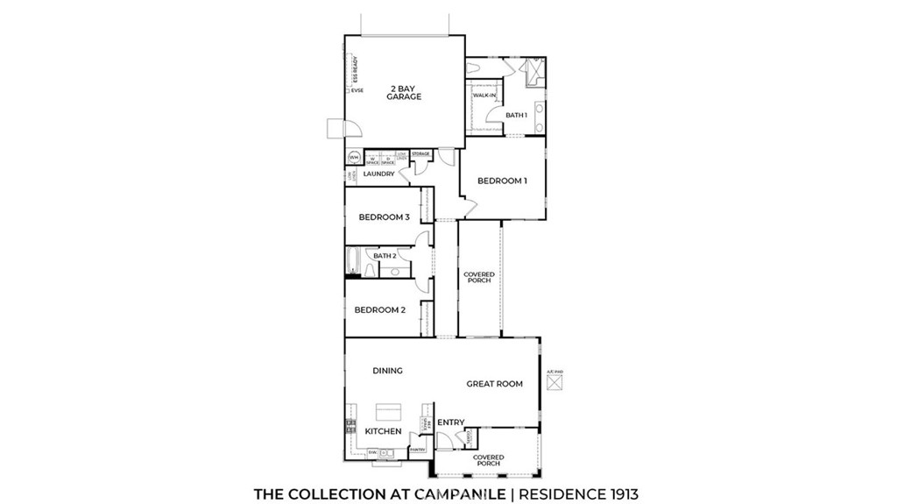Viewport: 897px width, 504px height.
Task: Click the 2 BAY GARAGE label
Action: [404, 93]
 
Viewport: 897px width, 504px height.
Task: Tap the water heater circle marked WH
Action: [355, 159]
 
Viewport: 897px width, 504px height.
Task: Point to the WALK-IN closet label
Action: [484, 95]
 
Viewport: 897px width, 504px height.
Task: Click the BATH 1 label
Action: [516, 115]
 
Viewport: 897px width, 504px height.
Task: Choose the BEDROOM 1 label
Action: [502, 181]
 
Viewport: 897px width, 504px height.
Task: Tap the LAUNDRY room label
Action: [378, 174]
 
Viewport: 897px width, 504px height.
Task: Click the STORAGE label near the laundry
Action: [420, 154]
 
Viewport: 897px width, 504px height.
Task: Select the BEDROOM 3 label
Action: [384, 217]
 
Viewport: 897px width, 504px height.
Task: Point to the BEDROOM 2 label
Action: [379, 309]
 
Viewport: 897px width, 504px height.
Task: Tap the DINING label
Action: [387, 371]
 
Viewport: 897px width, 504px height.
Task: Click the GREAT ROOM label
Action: [494, 384]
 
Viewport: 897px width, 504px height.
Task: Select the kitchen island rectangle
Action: [388, 412]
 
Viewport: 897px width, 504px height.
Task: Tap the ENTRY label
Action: [451, 422]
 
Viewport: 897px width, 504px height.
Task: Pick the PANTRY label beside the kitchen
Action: [417, 450]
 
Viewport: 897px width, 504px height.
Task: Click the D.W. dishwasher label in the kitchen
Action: [372, 452]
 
